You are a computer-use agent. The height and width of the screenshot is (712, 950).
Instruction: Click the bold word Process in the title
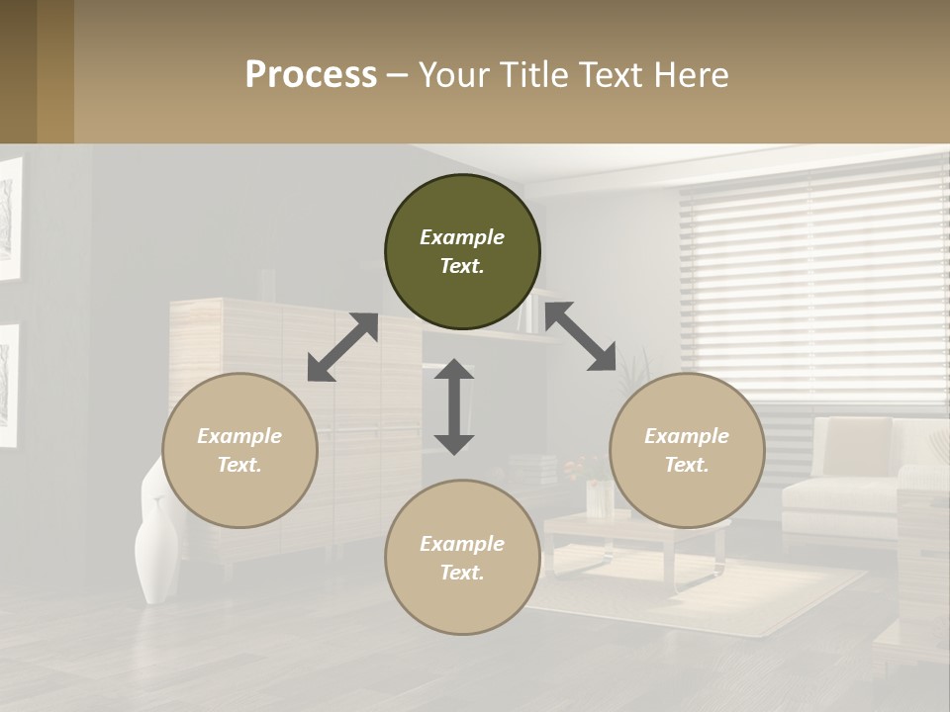point(311,75)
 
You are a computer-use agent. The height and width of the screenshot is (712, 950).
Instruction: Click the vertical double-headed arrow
point(454,406)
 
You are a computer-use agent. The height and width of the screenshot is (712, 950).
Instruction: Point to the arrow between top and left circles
point(342,347)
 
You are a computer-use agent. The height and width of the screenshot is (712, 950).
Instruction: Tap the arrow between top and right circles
point(581,336)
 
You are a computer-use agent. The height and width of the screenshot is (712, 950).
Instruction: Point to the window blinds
point(811,287)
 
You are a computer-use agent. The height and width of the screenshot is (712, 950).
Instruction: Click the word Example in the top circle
point(462,237)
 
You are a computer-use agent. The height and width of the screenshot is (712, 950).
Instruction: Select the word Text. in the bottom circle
point(462,573)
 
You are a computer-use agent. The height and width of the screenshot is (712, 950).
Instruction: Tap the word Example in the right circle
point(687,436)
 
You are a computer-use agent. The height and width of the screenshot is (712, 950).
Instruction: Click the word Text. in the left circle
point(239,465)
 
